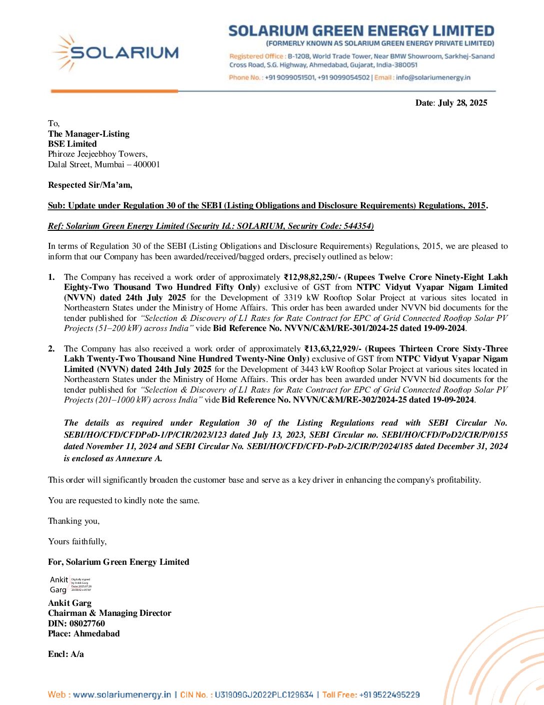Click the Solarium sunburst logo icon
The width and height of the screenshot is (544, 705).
63,52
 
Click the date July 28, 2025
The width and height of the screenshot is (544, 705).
462,103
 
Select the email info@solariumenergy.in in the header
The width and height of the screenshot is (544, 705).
433,78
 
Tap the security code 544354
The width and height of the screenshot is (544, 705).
357,226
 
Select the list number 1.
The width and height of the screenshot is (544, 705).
51,277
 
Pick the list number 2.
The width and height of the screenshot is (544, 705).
51,348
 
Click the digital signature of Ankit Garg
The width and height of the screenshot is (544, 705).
70,584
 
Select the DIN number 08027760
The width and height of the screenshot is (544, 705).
87,623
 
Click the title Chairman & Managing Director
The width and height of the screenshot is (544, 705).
109,613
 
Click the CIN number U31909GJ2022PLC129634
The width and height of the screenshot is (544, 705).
263,694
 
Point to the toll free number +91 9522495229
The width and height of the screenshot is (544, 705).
389,694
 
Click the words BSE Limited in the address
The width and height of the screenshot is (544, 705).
72,144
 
